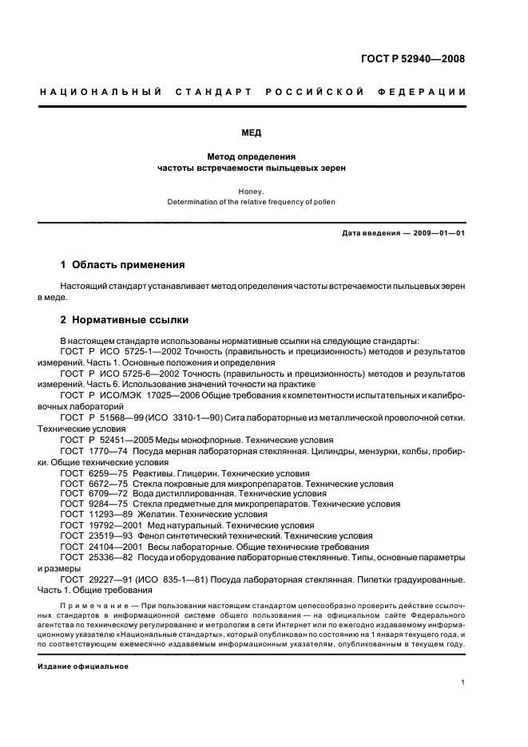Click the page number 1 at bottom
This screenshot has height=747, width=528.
coord(463,681)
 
